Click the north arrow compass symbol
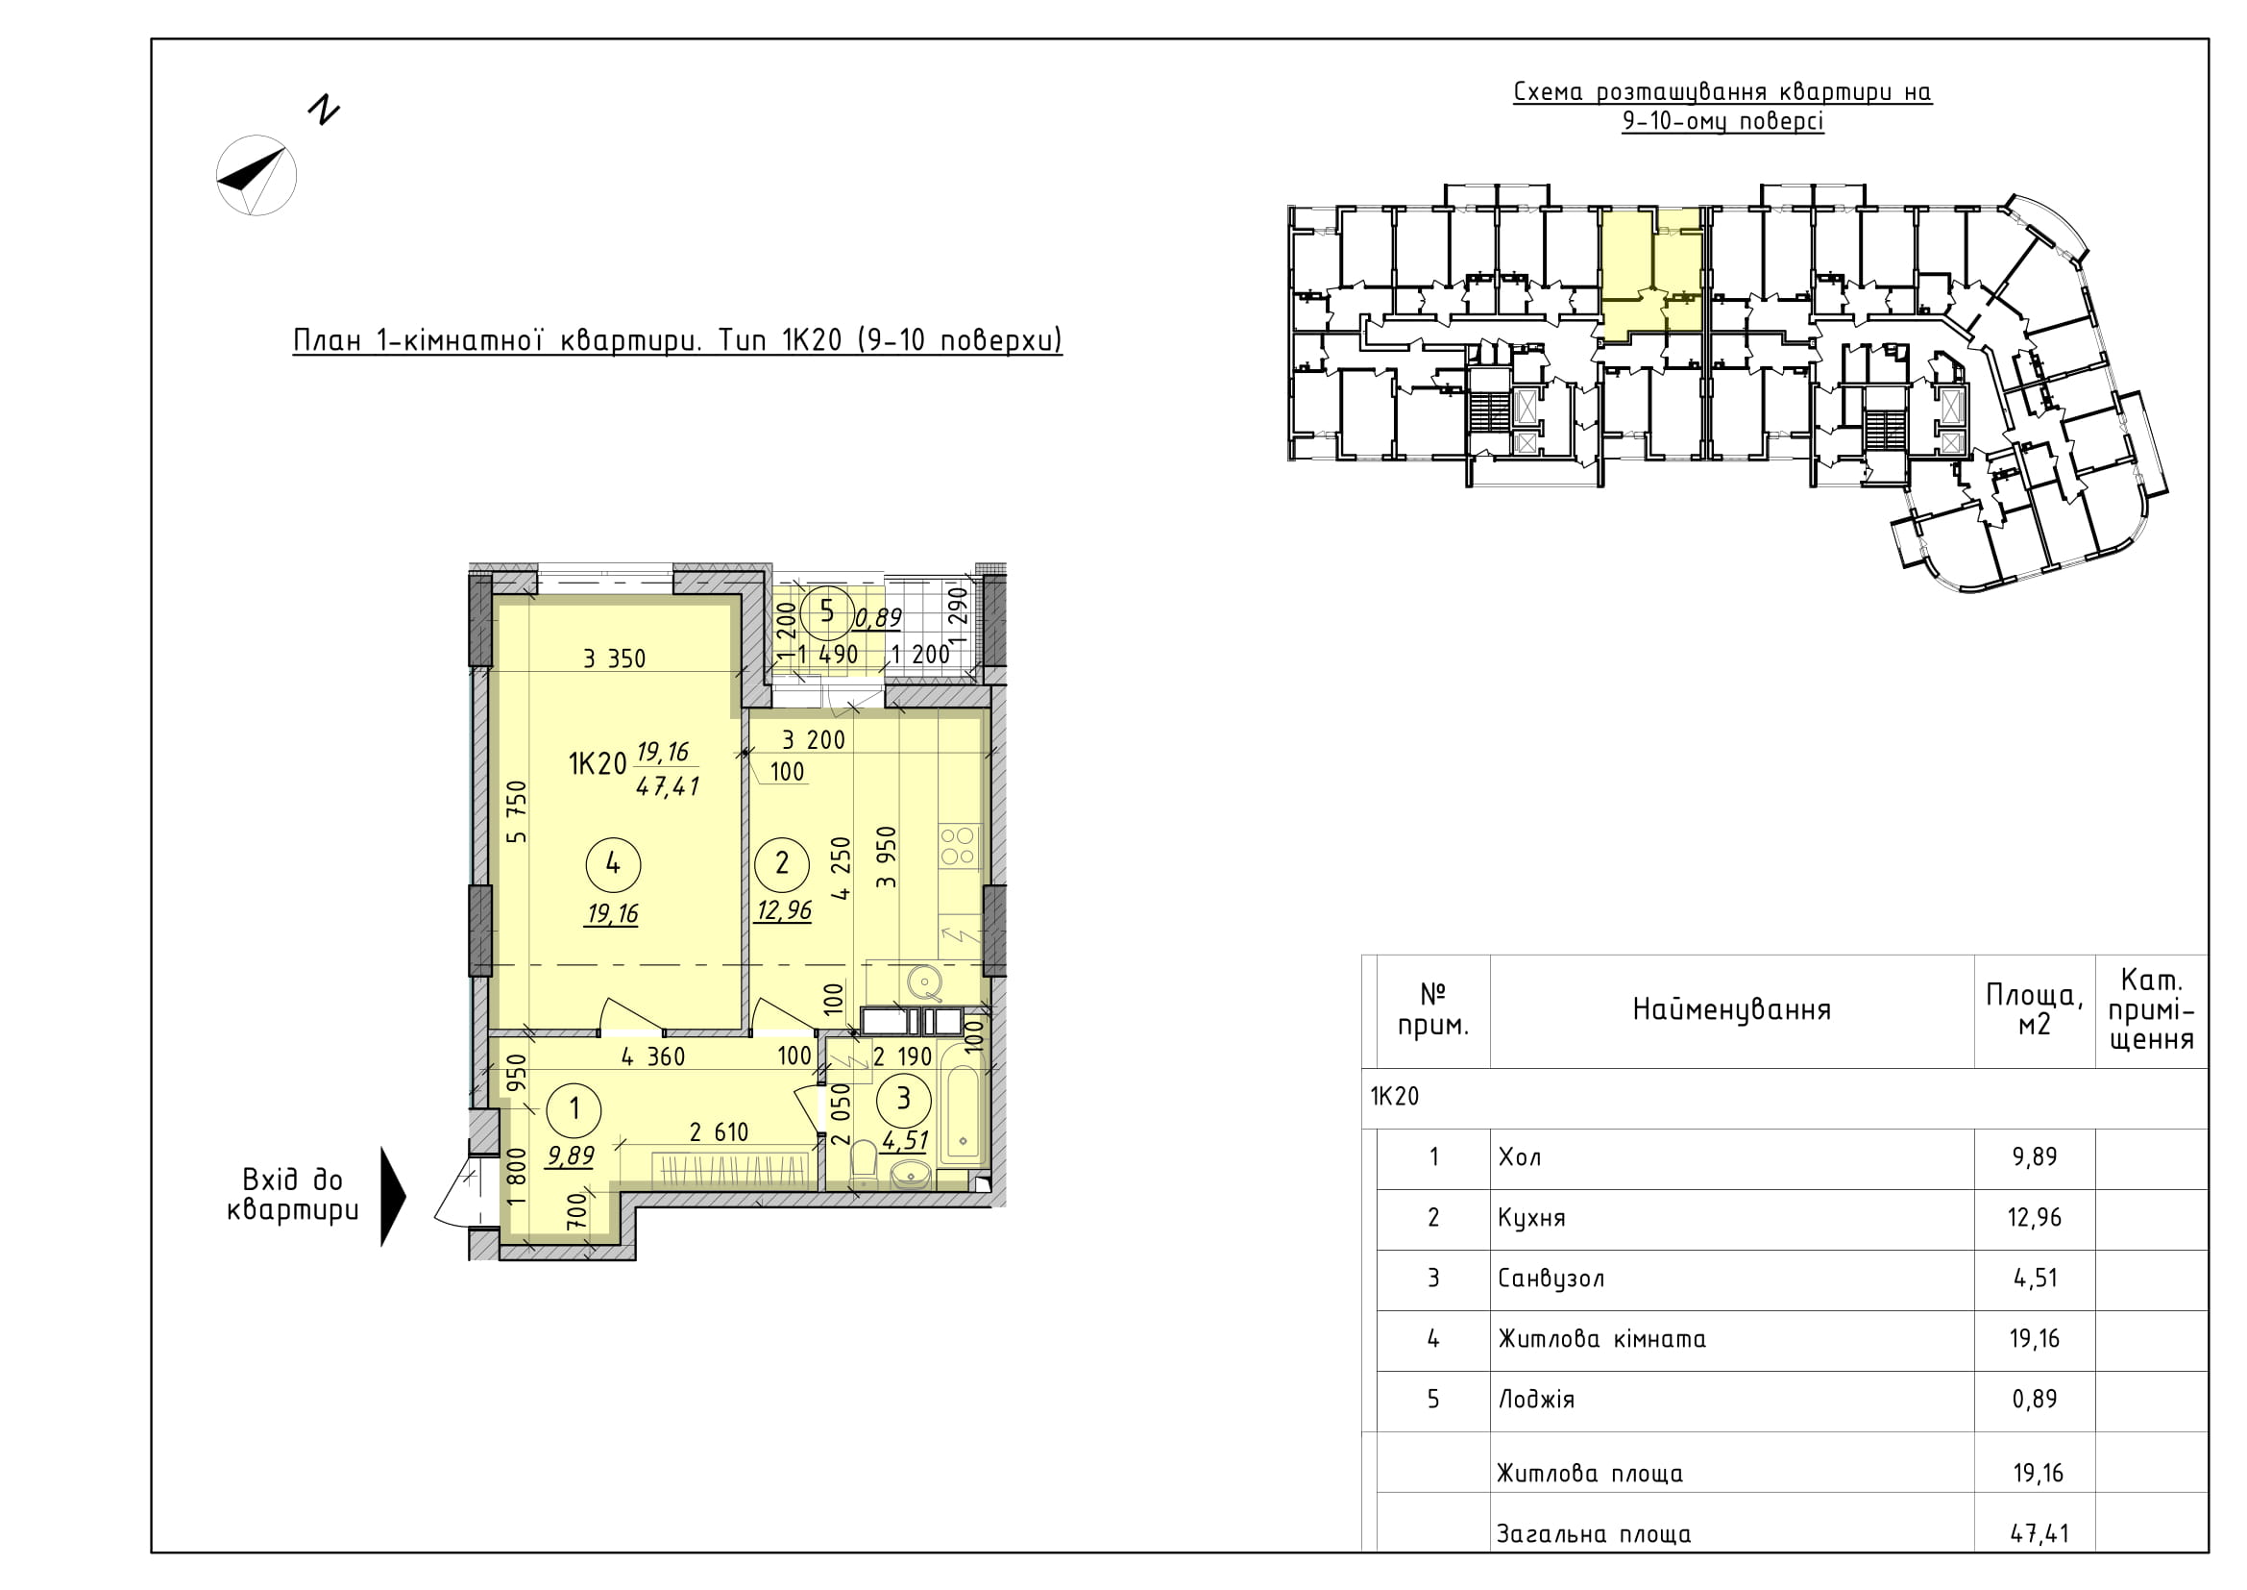(256, 175)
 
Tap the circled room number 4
(613, 863)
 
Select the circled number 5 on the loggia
(827, 612)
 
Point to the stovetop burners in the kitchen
(958, 846)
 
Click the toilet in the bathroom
(864, 1161)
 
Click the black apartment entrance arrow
(393, 1197)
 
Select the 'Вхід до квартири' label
(293, 1196)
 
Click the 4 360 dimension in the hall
(652, 1057)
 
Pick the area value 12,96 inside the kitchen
(784, 910)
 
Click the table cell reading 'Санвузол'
(1551, 1279)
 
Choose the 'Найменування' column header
(1731, 1009)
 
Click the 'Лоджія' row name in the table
(1536, 1400)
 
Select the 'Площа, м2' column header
(2035, 1009)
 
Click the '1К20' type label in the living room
(597, 763)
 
